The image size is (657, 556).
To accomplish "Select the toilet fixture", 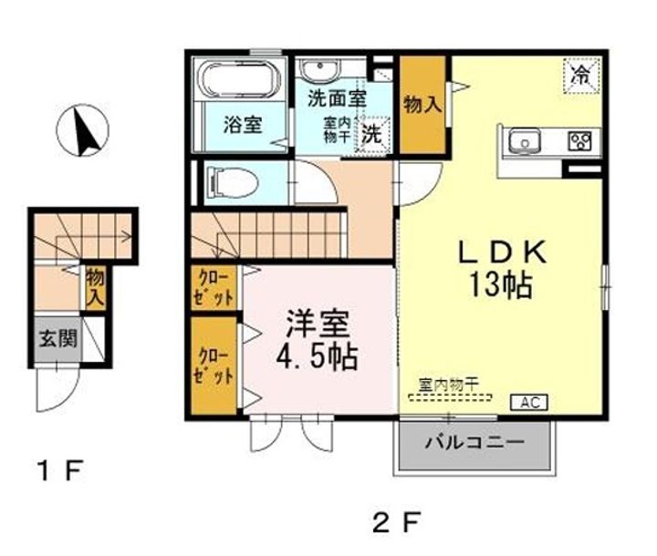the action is click(x=231, y=182).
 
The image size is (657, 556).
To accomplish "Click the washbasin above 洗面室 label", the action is click(x=320, y=70).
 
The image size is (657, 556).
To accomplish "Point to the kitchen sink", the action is click(x=524, y=140).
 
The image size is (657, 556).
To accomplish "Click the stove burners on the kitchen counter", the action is click(x=579, y=140).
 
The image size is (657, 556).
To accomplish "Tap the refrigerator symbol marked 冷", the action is click(x=581, y=76).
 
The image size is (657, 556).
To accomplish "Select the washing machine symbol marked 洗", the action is click(x=372, y=134).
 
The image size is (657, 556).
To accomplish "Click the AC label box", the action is click(x=528, y=402).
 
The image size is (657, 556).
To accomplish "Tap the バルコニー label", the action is click(x=474, y=442).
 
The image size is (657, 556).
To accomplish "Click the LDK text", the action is click(x=503, y=252).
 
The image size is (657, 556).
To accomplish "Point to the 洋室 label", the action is click(x=318, y=324).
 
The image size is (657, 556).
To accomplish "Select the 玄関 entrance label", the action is click(x=57, y=338).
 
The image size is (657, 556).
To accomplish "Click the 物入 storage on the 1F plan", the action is click(x=96, y=288).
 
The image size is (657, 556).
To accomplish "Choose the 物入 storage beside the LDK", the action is click(x=422, y=105).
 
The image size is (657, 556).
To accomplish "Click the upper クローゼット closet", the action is click(x=214, y=288).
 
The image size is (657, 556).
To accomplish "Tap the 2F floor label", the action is click(x=396, y=522).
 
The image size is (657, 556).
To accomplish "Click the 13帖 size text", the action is click(x=501, y=284).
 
